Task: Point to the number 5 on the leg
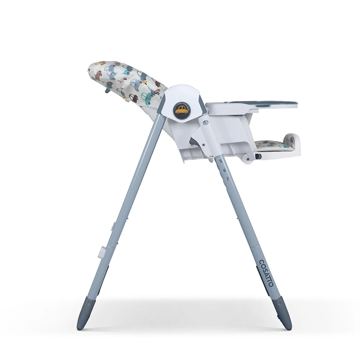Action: [221, 161]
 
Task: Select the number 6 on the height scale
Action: [224, 170]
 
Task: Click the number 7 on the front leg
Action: [227, 179]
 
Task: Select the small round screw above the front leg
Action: [205, 123]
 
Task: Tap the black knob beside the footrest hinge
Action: [258, 157]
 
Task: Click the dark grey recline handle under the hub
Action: [193, 141]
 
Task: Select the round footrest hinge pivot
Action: [247, 157]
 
